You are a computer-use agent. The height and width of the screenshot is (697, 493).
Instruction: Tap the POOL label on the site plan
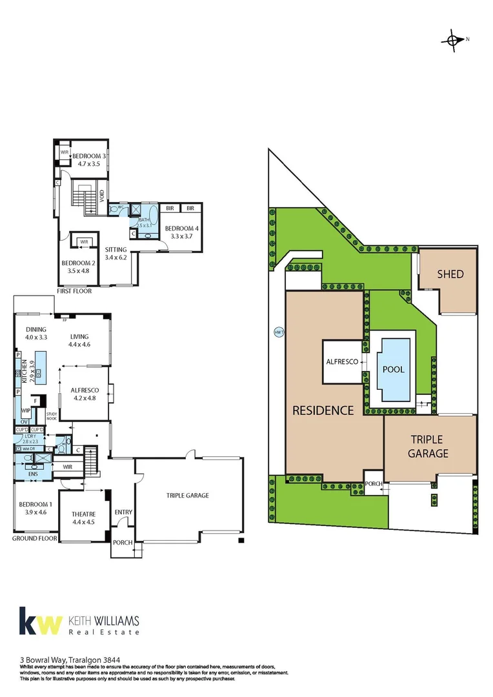point(393,370)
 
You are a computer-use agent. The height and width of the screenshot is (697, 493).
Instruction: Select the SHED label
point(450,274)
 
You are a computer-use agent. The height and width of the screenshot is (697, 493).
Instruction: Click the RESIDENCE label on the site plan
point(323,410)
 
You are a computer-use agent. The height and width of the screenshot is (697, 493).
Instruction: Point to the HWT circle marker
point(279,332)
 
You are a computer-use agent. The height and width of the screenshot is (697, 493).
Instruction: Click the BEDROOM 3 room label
point(89,156)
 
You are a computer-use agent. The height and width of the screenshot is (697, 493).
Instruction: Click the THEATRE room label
point(83,514)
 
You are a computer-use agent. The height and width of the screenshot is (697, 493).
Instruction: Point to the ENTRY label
point(123,512)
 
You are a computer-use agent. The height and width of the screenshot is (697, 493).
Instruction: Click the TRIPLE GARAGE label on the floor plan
point(188,496)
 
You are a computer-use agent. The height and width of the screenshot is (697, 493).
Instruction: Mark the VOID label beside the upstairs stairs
point(102,196)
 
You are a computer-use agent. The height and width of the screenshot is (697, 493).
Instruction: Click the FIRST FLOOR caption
point(74,291)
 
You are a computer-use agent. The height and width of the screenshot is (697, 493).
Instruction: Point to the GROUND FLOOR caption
point(35,538)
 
